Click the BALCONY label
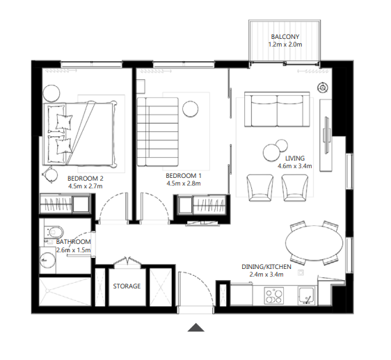pyautogui.click(x=285, y=37)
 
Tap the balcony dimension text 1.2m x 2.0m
pyautogui.click(x=285, y=45)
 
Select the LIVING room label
pyautogui.click(x=294, y=158)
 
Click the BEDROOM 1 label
pyautogui.click(x=184, y=176)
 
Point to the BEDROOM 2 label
pyautogui.click(x=86, y=178)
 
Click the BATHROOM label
pyautogui.click(x=74, y=243)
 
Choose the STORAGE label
pyautogui.click(x=127, y=286)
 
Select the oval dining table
pyautogui.click(x=314, y=243)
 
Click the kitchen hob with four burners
pyautogui.click(x=273, y=297)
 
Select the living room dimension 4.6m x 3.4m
pyautogui.click(x=294, y=166)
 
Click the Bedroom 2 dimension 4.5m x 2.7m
pyautogui.click(x=86, y=186)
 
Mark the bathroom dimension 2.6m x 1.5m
pyautogui.click(x=74, y=251)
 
